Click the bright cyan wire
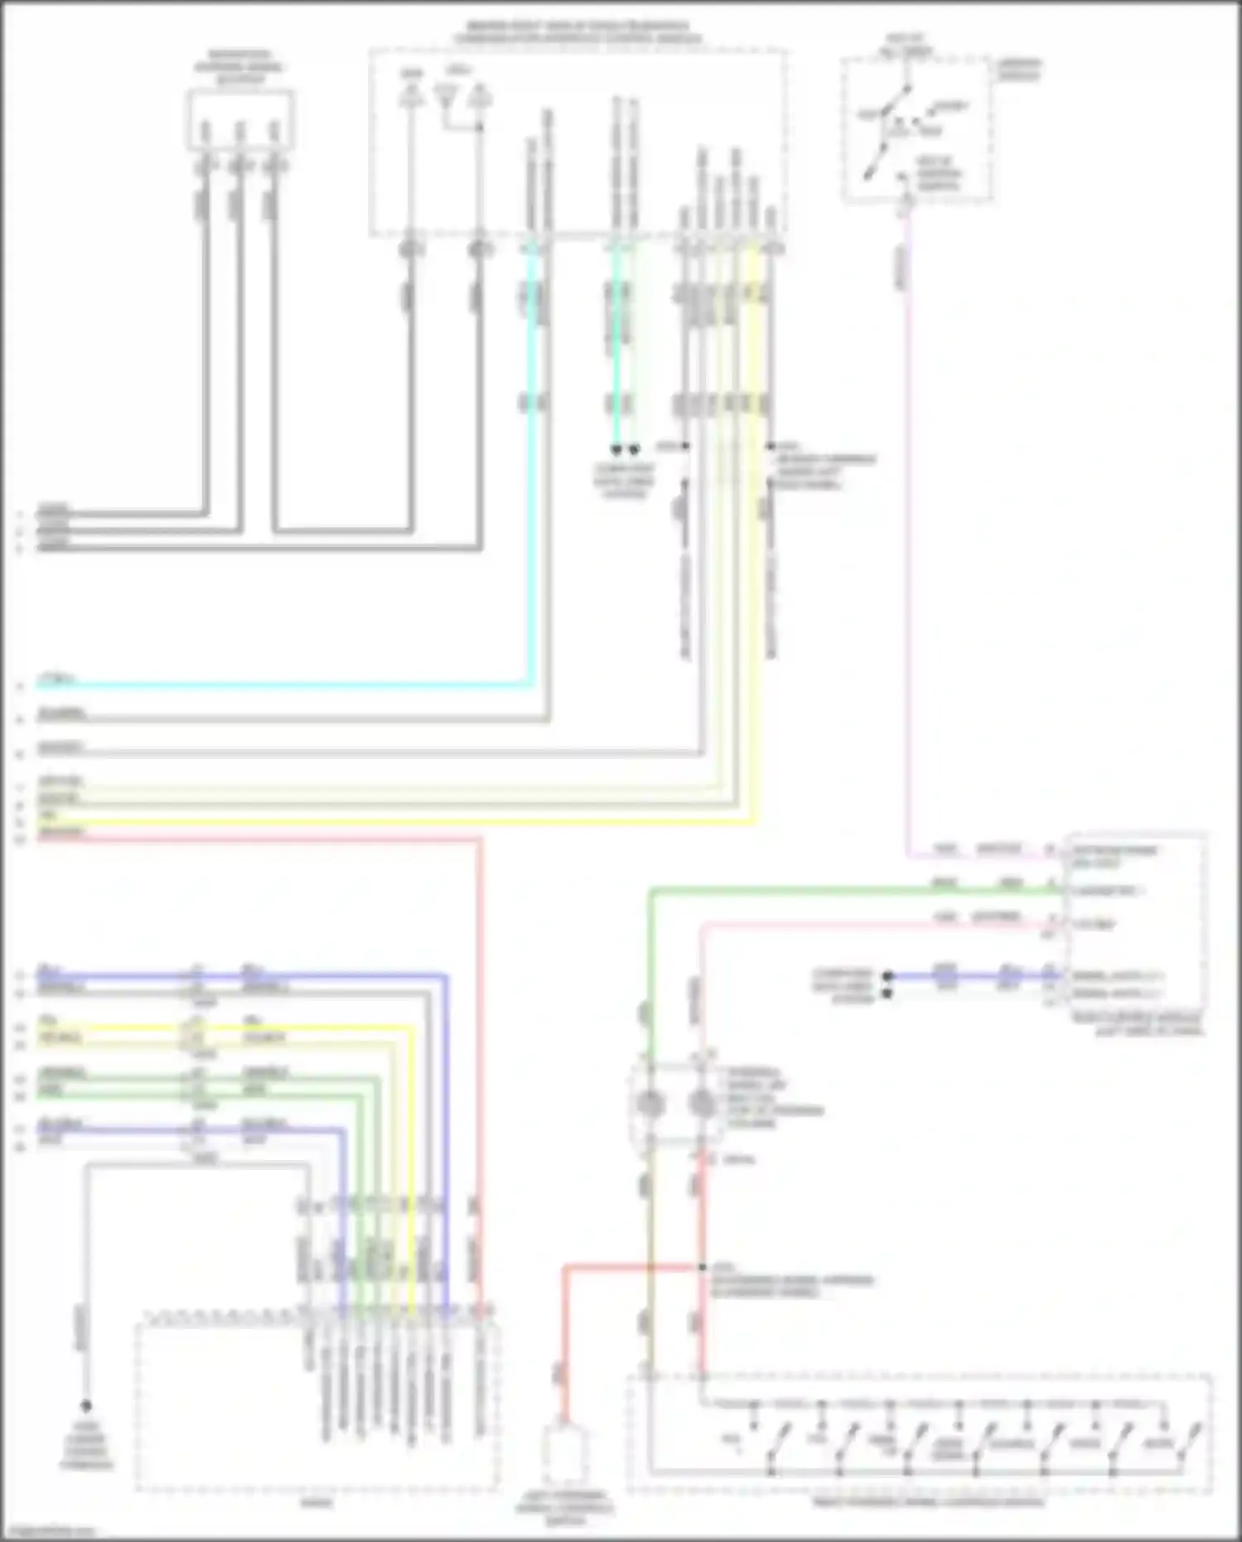[x=282, y=685]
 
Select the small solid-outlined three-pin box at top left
[x=240, y=120]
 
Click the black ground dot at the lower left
[x=85, y=1406]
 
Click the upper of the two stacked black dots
[x=887, y=976]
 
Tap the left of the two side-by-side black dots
[x=616, y=449]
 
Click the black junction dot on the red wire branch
[x=702, y=1267]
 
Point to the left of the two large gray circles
[x=650, y=1104]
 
